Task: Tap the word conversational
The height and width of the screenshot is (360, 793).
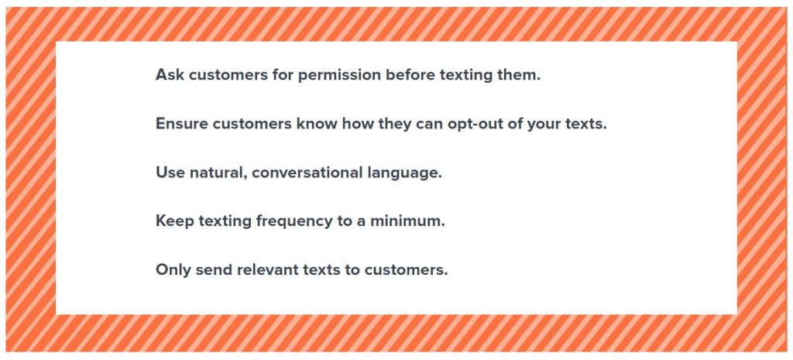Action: pos(307,173)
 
